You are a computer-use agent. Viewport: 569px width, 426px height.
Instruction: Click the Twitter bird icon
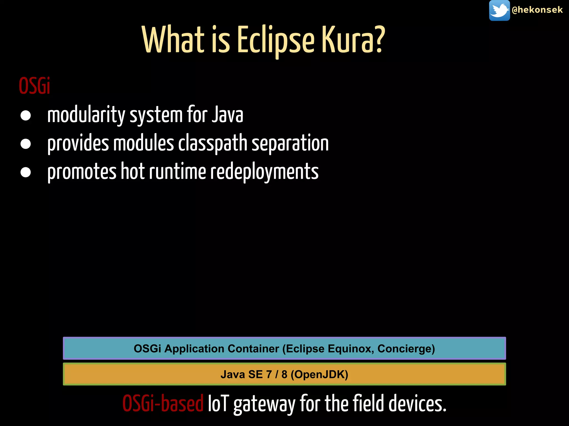(499, 11)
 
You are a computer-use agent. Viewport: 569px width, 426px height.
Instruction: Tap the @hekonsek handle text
(537, 10)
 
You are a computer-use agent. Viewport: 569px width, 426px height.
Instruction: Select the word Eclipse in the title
(276, 40)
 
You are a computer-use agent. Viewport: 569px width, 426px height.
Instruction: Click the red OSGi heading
(34, 86)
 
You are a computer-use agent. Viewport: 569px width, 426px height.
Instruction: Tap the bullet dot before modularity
(26, 116)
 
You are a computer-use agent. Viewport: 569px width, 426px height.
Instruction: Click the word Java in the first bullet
(227, 115)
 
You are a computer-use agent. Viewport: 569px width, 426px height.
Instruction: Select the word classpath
(213, 143)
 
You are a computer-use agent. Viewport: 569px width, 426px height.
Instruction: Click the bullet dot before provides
(26, 144)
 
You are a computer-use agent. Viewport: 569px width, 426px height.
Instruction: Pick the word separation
(290, 143)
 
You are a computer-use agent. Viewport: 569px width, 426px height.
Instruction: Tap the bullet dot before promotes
(26, 172)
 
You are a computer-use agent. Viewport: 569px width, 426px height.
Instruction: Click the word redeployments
(264, 172)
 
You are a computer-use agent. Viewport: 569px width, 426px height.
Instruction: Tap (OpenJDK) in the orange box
(319, 374)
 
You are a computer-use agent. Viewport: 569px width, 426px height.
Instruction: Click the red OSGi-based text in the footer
(163, 404)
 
